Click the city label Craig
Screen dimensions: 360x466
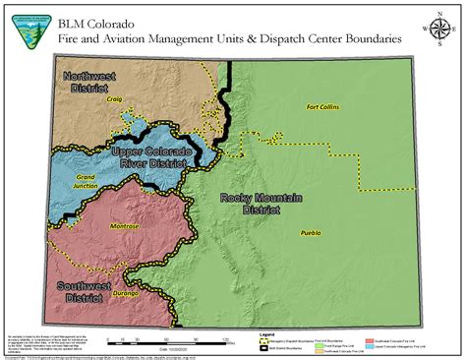114,99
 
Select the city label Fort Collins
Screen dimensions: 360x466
324,106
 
